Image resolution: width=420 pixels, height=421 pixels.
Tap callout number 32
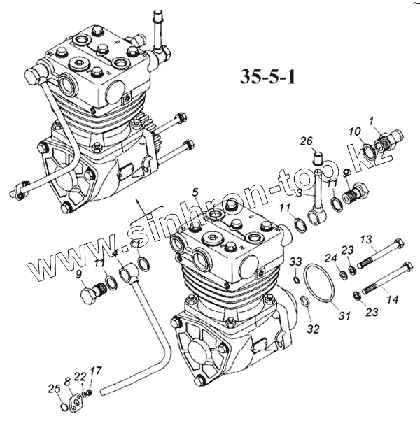(312, 328)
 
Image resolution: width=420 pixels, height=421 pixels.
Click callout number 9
(79, 273)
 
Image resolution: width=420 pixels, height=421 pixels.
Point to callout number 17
(96, 371)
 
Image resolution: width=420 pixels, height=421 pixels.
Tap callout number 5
(196, 191)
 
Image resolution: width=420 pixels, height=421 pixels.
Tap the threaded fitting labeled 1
(386, 145)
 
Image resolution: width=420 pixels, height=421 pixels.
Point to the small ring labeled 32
(306, 302)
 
